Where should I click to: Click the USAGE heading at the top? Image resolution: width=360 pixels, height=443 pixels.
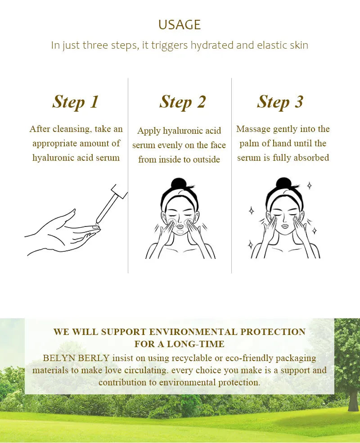click(180, 25)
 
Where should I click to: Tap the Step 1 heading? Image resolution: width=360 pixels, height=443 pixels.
click(76, 102)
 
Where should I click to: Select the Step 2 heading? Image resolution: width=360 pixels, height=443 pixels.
click(182, 102)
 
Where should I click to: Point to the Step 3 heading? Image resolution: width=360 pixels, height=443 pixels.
click(280, 102)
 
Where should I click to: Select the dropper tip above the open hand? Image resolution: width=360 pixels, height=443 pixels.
click(97, 226)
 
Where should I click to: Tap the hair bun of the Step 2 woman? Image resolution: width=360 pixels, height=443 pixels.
click(179, 184)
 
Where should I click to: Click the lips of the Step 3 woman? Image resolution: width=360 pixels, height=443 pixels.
click(285, 226)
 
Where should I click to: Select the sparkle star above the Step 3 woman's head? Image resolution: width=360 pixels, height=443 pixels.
click(310, 185)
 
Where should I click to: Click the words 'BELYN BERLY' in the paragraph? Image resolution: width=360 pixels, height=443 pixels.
click(76, 358)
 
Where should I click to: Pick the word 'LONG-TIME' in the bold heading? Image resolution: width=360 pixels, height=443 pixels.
click(196, 344)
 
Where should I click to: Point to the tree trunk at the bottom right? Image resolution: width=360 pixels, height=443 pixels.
click(353, 400)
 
